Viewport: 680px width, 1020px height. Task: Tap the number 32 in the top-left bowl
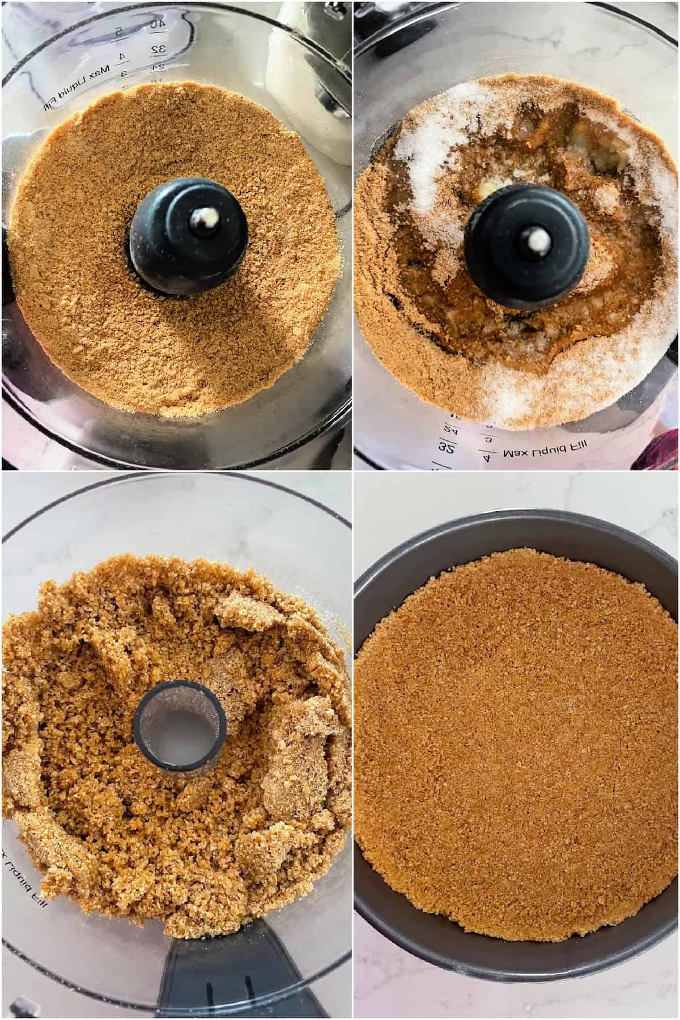[158, 50]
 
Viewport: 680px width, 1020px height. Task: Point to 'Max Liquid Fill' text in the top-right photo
[544, 454]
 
